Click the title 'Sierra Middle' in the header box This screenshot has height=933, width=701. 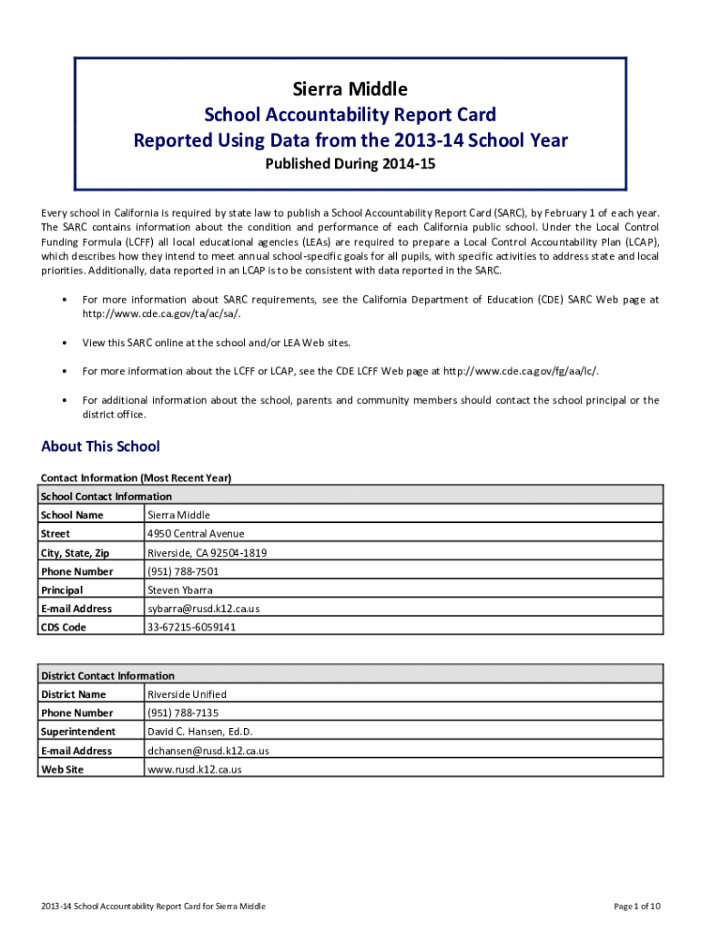[x=350, y=89]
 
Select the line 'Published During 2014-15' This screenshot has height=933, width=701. [x=350, y=166]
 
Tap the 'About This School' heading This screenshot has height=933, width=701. [x=100, y=446]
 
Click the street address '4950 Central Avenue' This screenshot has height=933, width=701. [x=196, y=534]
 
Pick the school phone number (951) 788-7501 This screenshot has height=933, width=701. [x=183, y=571]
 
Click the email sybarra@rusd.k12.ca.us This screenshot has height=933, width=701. [x=204, y=609]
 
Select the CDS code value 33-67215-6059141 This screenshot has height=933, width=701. [x=191, y=628]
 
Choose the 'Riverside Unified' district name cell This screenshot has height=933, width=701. [x=187, y=694]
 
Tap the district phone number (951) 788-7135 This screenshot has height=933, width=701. [x=183, y=713]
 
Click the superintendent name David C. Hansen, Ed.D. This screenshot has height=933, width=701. [x=200, y=732]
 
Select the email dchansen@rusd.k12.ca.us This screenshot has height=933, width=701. [x=208, y=751]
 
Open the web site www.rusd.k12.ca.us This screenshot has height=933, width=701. [x=195, y=770]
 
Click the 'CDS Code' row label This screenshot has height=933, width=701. [x=64, y=628]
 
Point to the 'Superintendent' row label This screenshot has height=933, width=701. [x=78, y=732]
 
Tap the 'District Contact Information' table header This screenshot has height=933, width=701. [x=107, y=676]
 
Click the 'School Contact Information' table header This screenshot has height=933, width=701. [x=107, y=497]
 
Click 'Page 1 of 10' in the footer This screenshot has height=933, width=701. [x=637, y=906]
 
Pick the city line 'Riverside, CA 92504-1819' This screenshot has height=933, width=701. [x=208, y=553]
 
